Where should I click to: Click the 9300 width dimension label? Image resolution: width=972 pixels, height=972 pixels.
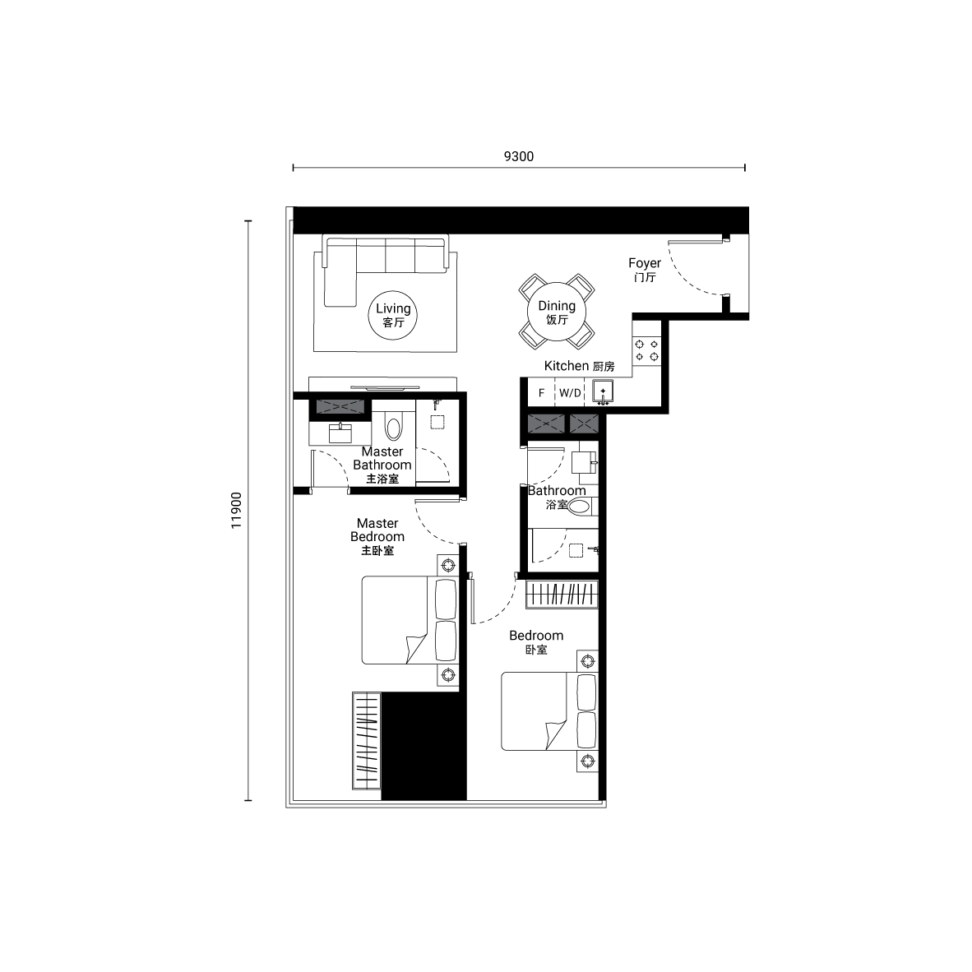(519, 156)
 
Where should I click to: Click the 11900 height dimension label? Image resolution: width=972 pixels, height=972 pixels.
(236, 510)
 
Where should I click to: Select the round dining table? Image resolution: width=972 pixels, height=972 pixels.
(557, 312)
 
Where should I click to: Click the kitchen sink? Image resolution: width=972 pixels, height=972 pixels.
(603, 391)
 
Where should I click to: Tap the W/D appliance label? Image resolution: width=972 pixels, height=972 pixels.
(571, 393)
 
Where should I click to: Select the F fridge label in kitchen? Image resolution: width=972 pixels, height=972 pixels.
(541, 393)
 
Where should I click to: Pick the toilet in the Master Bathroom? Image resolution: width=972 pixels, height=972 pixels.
(393, 428)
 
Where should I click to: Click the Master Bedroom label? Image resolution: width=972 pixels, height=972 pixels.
(377, 537)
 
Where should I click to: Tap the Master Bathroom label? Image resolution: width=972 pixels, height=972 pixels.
(382, 465)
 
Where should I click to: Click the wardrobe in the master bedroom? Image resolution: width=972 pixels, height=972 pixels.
(367, 740)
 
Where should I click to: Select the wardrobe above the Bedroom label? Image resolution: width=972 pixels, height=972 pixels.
(562, 594)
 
